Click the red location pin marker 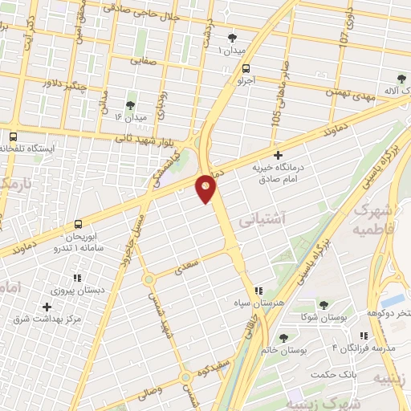click(x=206, y=188)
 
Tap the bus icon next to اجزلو click(x=246, y=68)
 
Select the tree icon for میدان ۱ click(x=233, y=38)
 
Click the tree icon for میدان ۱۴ click(x=131, y=105)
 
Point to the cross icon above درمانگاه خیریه click(x=278, y=155)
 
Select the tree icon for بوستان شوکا click(x=324, y=305)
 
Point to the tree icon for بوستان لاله click(x=401, y=79)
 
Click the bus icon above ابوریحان click(x=78, y=224)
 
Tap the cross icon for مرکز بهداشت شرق click(x=47, y=307)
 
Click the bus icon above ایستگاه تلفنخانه click(x=14, y=136)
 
